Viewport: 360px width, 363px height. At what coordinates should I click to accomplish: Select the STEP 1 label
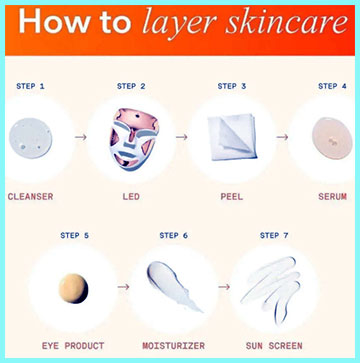30,86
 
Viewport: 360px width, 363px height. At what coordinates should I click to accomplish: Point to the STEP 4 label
332,86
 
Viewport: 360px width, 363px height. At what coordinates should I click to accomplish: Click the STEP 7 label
274,236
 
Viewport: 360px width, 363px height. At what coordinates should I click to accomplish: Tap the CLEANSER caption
30,197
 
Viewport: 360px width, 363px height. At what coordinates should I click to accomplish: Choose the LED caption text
131,197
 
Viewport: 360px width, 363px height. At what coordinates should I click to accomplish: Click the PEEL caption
232,197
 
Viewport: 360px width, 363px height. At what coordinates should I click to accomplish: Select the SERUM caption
332,197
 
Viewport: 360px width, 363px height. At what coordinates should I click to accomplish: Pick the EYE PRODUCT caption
73,346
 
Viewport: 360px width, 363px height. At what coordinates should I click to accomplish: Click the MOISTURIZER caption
174,346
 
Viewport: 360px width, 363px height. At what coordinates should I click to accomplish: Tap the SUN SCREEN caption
274,346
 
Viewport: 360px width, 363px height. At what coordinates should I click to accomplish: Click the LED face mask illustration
133,139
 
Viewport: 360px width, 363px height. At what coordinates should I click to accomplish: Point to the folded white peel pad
233,137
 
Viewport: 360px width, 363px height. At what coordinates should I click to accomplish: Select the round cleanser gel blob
30,138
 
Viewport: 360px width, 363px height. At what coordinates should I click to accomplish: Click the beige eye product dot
73,288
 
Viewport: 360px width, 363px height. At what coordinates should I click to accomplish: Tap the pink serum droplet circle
332,138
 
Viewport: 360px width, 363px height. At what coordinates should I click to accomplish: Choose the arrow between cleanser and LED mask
81,137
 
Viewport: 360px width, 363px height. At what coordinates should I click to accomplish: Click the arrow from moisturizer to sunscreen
224,287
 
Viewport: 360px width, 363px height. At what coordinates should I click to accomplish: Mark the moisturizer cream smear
172,286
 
